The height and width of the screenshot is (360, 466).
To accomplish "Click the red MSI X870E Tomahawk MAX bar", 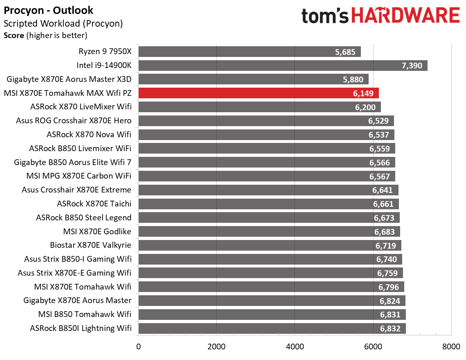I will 259,93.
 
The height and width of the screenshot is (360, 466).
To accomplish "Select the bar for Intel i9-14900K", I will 283,66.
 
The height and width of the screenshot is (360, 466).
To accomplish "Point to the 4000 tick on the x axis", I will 295,346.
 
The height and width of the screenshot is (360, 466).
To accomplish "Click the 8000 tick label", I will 450,346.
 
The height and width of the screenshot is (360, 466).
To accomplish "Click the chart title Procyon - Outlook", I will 49,10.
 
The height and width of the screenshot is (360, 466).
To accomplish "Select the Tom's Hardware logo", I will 380,16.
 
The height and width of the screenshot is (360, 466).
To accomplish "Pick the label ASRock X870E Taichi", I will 94,204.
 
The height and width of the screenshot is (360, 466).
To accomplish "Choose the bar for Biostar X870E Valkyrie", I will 270,245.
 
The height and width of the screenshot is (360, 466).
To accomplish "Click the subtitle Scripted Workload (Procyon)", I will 63,23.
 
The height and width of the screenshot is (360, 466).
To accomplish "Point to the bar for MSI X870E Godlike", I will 269,231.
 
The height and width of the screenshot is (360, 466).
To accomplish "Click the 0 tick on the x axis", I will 139,346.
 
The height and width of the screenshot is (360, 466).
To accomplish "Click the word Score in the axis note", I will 14,36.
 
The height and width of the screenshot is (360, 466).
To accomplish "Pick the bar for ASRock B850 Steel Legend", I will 269,217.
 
